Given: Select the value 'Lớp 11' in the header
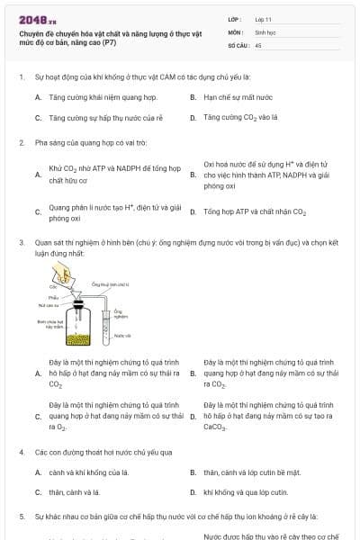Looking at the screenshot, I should click(265, 19).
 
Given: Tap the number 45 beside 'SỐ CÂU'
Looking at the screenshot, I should click(259, 44).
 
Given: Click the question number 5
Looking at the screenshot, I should click(21, 517).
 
